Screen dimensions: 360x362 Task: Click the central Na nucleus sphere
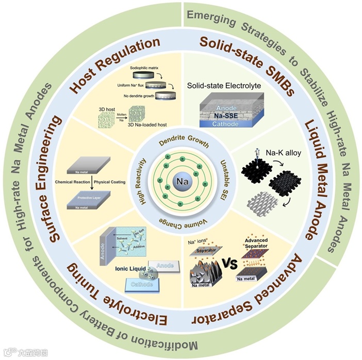coord(181,183)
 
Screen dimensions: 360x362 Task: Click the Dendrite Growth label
coord(181,142)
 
